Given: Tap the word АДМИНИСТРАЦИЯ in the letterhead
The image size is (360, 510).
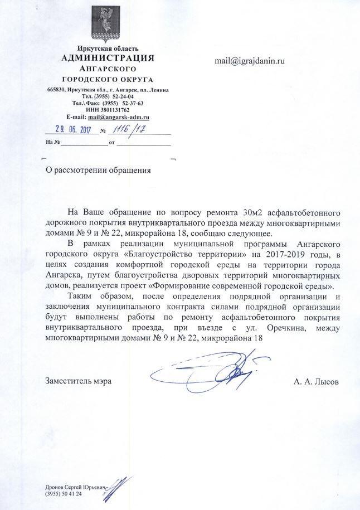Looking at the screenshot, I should pos(108,58).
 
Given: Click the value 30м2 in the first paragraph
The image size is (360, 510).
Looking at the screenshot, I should pos(254,212).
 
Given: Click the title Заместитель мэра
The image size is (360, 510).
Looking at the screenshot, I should pos(78,381).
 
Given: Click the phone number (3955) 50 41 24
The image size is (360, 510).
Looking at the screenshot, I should pos(67,494).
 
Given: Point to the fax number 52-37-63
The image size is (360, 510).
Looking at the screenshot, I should pos(133,104).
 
